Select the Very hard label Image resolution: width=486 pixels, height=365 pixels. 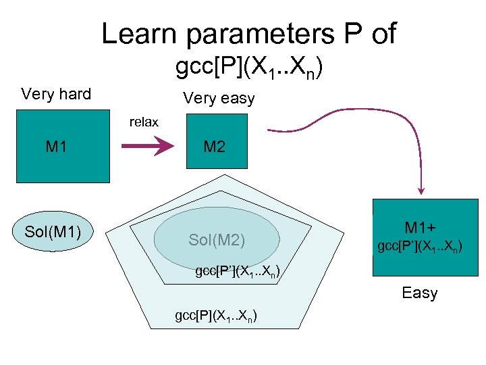coord(56,94)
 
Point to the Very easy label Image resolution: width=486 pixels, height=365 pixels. coord(219,99)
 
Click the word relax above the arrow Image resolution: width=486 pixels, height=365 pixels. coord(144,122)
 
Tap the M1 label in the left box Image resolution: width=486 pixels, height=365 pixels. coord(57,146)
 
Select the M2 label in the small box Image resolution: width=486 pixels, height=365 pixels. coord(214,147)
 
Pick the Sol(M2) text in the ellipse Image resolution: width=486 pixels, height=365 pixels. coord(217,240)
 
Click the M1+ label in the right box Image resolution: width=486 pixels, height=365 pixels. coord(420,228)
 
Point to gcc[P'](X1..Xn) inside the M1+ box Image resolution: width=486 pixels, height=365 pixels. coord(419,247)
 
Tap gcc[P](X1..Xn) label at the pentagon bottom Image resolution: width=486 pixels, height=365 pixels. coord(217,316)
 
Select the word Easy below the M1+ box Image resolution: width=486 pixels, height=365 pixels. coord(420,293)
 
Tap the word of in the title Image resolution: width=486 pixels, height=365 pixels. coord(383,34)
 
